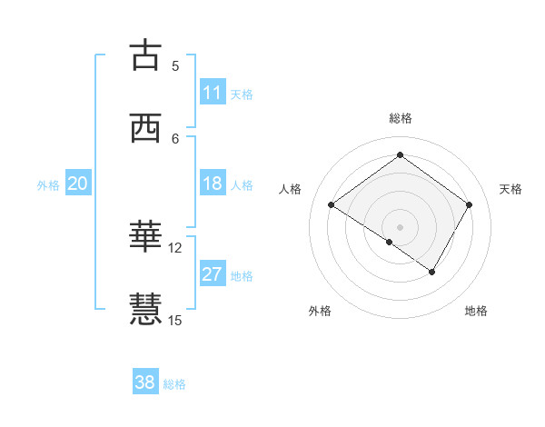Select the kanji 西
click(x=145, y=128)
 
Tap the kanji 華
click(x=145, y=237)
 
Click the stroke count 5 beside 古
click(x=175, y=65)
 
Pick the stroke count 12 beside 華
click(x=175, y=247)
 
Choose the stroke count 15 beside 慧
click(x=175, y=320)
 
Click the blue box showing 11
click(x=213, y=93)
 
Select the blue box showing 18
click(x=213, y=184)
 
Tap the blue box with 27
click(x=213, y=274)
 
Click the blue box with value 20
click(x=78, y=184)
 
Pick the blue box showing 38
click(x=145, y=382)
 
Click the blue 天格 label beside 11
click(x=242, y=94)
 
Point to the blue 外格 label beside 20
click(x=48, y=184)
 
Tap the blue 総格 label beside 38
click(x=174, y=384)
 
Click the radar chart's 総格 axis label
click(x=400, y=118)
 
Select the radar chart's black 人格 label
click(x=291, y=189)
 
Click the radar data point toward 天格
click(x=469, y=204)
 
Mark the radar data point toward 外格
click(x=390, y=243)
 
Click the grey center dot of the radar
click(x=400, y=226)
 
